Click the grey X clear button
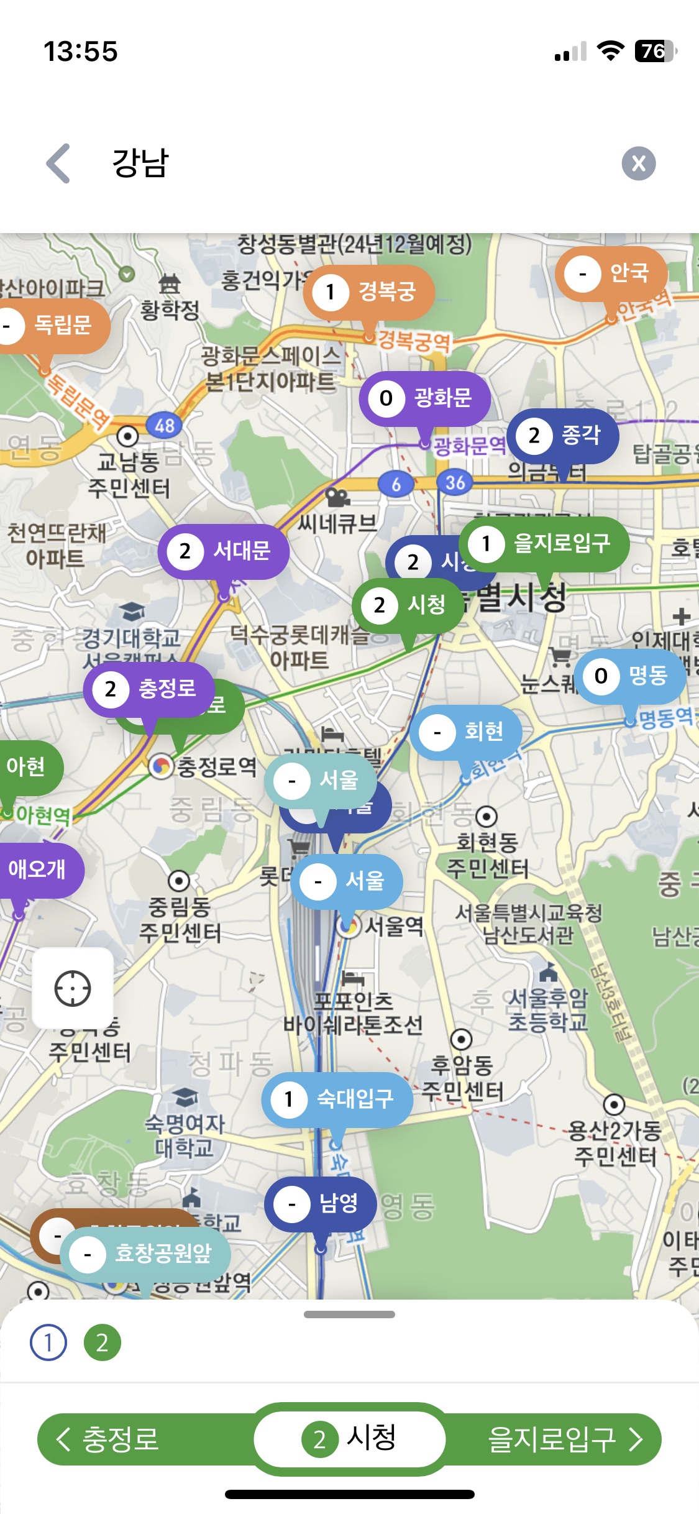[638, 163]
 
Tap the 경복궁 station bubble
[369, 291]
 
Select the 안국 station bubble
[611, 273]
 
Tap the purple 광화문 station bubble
[425, 398]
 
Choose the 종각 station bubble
[563, 436]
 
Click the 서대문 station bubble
[224, 551]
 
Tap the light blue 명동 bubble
[630, 676]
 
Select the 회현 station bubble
[466, 732]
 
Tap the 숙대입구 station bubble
[337, 1099]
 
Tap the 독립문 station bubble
[50, 326]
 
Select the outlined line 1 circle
[48, 1342]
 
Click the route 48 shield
[164, 426]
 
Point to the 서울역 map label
[393, 927]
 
